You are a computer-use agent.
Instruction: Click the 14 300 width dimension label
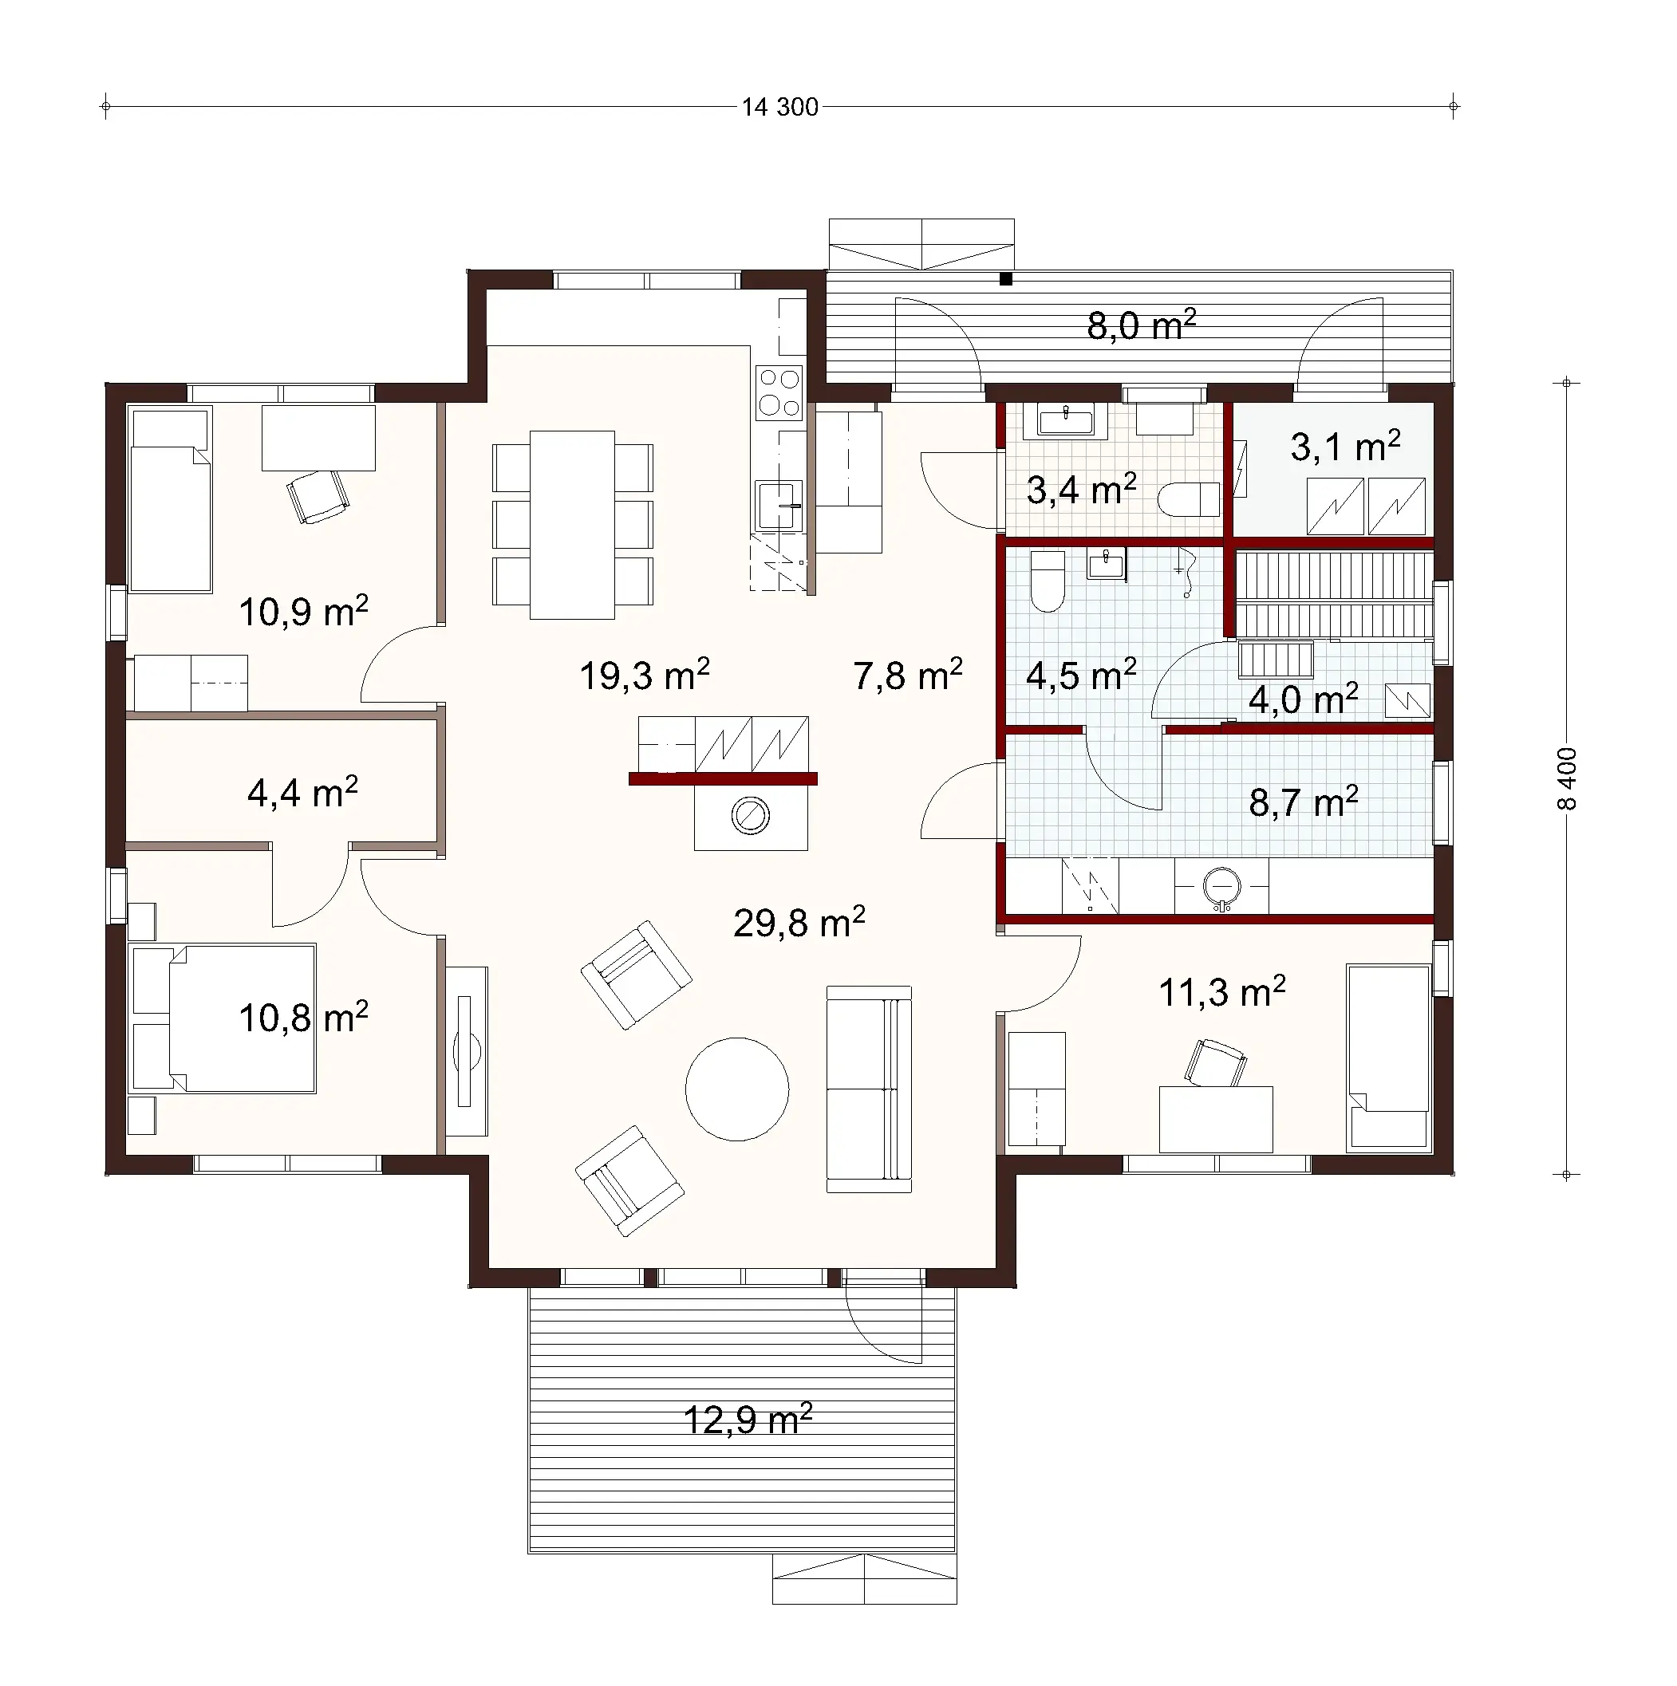point(779,108)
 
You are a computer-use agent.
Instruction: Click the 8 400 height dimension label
point(1567,778)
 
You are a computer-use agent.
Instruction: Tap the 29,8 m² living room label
point(799,924)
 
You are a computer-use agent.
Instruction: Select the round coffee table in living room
point(737,1089)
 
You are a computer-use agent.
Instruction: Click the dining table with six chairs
point(572,525)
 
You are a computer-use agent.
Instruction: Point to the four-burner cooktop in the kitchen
point(779,392)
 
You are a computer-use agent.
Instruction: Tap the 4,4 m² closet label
point(302,794)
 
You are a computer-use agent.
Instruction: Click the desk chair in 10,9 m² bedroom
point(318,496)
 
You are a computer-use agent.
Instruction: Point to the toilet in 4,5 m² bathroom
point(1048,581)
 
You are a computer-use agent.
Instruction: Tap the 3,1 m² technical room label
point(1344,447)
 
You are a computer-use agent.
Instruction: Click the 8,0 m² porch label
point(1140,326)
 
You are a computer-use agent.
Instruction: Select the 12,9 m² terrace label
point(748,1420)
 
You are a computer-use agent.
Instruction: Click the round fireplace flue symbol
point(750,817)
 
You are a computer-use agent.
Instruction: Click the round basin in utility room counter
point(1221,886)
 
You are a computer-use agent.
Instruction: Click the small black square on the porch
point(1006,279)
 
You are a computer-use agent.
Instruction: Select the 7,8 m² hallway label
point(907,676)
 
